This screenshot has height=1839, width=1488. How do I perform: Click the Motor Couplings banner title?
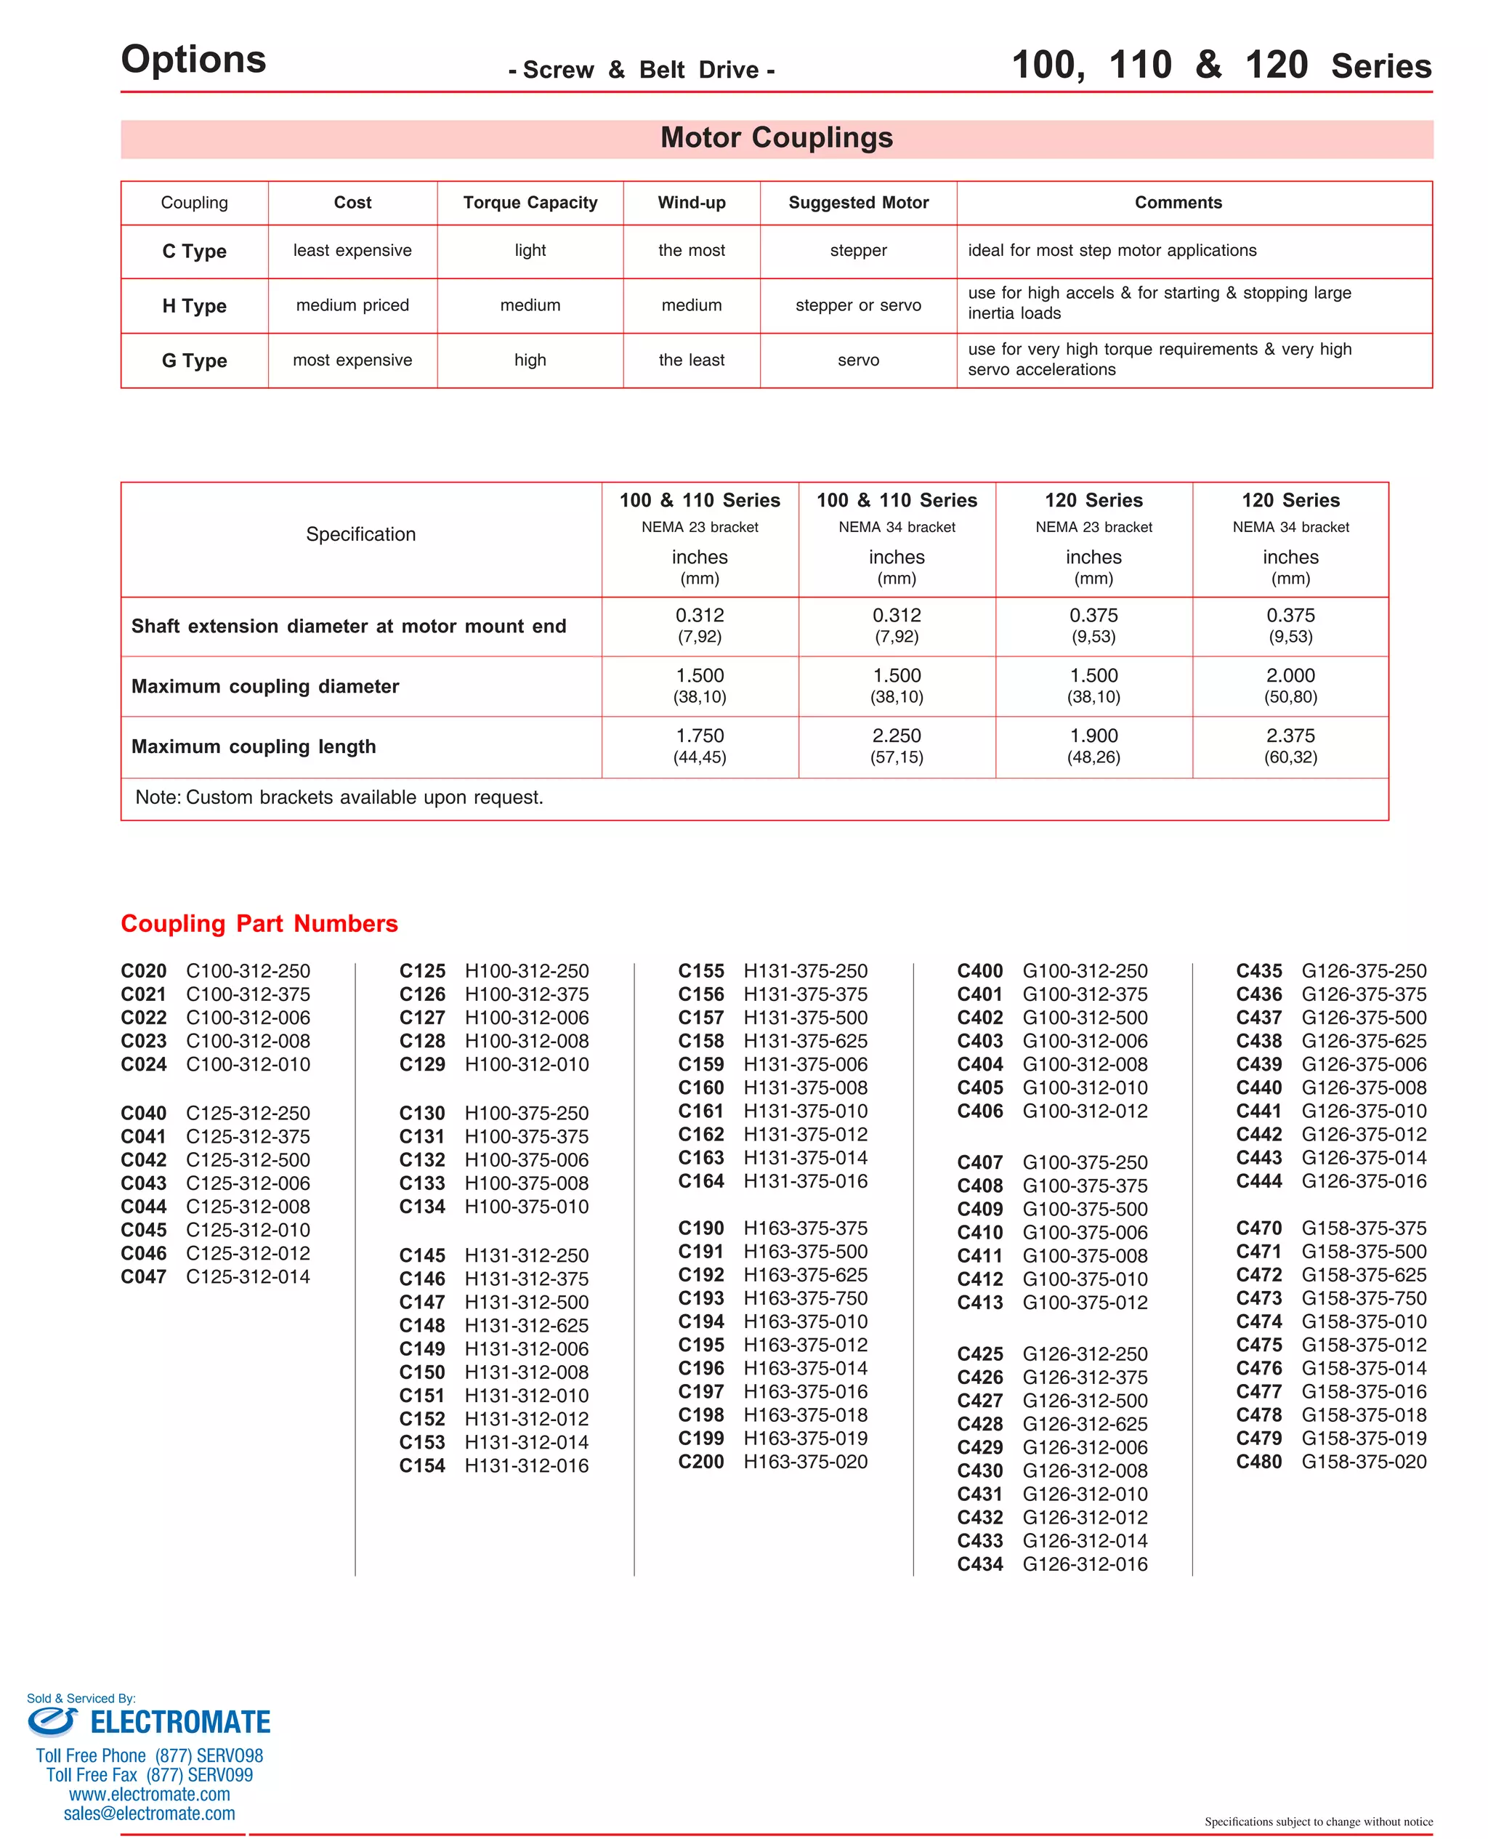(776, 138)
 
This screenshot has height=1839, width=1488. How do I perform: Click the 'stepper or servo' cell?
(858, 305)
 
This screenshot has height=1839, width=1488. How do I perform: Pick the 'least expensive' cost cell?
(352, 250)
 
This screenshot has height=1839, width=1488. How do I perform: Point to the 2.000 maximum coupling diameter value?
(1290, 675)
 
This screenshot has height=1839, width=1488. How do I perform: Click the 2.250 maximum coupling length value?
(897, 736)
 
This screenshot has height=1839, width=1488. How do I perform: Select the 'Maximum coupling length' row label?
(254, 747)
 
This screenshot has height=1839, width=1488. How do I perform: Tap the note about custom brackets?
(339, 797)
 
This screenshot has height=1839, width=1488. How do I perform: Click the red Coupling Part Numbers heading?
(259, 923)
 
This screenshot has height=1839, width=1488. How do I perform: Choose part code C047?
(143, 1276)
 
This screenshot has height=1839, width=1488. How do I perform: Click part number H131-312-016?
(526, 1465)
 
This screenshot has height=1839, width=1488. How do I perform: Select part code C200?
(700, 1462)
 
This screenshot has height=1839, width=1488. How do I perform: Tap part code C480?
(1258, 1462)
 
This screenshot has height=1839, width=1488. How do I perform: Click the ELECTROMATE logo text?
(180, 1723)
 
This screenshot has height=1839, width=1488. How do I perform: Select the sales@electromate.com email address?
(149, 1814)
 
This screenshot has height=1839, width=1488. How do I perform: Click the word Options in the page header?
(194, 59)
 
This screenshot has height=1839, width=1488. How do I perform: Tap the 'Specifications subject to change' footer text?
(1317, 1821)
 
